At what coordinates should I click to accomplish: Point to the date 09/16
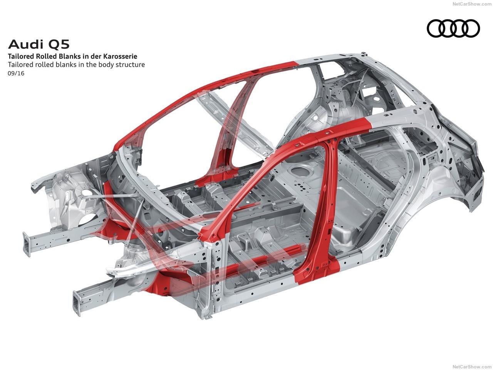click(16, 73)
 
